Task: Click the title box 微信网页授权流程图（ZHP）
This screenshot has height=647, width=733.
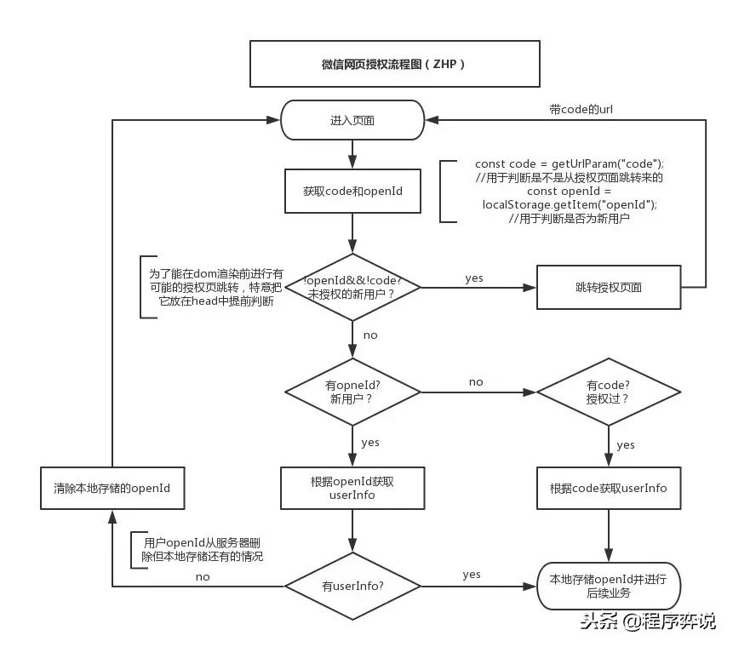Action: pyautogui.click(x=394, y=64)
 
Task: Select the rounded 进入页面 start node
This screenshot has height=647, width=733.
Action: pyautogui.click(x=352, y=120)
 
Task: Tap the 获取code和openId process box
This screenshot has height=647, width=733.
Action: pyautogui.click(x=352, y=192)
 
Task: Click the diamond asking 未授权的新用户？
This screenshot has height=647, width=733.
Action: pyautogui.click(x=352, y=287)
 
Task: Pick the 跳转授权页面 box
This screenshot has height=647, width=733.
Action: pyautogui.click(x=608, y=287)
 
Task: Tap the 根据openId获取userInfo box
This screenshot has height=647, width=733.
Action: pyautogui.click(x=352, y=488)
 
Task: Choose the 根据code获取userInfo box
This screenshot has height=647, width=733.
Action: pyautogui.click(x=608, y=488)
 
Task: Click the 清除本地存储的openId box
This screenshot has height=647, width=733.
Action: pyautogui.click(x=112, y=488)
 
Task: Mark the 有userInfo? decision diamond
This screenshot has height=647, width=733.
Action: pyautogui.click(x=352, y=586)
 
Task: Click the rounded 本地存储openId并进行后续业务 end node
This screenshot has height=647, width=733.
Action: pyautogui.click(x=608, y=586)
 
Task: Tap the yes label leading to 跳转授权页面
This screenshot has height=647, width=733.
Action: pyautogui.click(x=474, y=278)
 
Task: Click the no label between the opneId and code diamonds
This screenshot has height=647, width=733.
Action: pyautogui.click(x=476, y=382)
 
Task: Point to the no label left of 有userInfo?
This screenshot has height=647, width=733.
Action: pyautogui.click(x=203, y=576)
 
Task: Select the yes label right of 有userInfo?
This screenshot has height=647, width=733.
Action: pyautogui.click(x=472, y=575)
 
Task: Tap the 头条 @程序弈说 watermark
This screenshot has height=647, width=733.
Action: pyautogui.click(x=649, y=621)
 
